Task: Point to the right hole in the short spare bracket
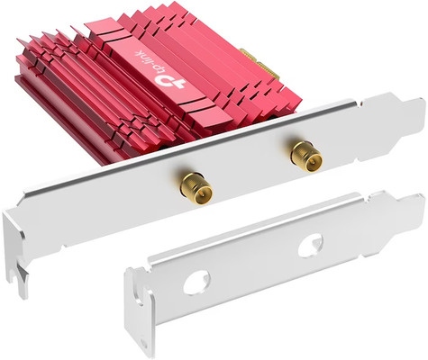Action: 313,242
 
